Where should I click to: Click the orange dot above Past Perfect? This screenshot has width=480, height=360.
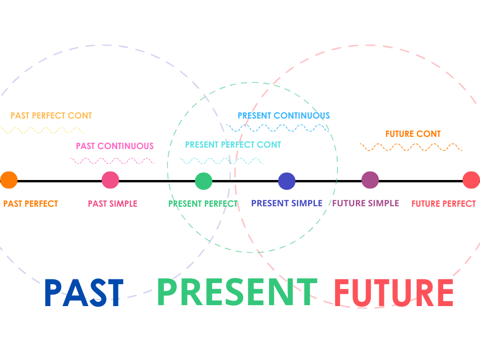[8, 180]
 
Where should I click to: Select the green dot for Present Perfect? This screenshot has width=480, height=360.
[203, 181]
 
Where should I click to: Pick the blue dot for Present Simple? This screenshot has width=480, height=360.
[286, 181]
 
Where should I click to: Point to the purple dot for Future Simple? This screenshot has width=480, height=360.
[370, 180]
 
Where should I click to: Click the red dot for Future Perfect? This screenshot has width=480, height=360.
[471, 180]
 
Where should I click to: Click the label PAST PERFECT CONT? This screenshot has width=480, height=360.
[51, 115]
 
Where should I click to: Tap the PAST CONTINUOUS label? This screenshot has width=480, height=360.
[115, 146]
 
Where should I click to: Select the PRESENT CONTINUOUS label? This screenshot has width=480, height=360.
[284, 115]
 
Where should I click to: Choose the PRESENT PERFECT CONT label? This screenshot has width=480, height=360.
[233, 144]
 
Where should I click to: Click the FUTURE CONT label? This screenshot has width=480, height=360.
[413, 134]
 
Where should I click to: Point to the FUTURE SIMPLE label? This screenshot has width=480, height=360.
[366, 203]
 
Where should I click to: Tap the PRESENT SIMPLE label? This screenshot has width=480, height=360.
[287, 203]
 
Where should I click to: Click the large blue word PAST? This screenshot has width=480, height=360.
[84, 293]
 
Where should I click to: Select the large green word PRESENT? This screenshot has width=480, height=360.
[237, 292]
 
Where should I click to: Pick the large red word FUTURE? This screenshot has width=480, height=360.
[394, 293]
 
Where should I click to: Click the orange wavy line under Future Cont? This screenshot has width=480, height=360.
[411, 147]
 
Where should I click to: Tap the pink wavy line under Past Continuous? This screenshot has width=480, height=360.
[112, 161]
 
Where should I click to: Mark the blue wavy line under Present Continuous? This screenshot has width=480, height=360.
[277, 127]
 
